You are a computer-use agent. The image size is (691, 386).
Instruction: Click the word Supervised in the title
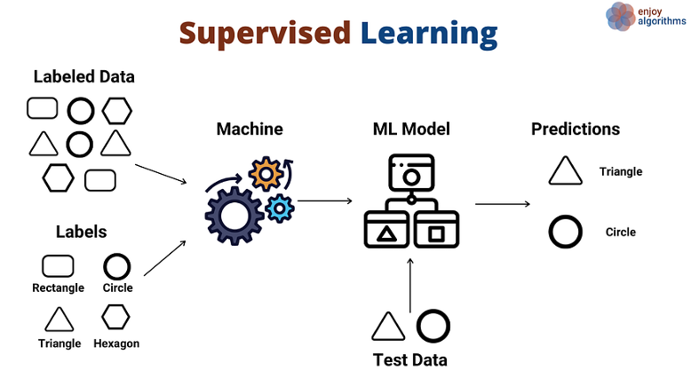265,34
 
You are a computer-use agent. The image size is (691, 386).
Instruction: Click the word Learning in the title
429,34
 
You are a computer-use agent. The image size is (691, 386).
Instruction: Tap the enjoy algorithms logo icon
620,17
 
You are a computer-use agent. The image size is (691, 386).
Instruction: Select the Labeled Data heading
83,76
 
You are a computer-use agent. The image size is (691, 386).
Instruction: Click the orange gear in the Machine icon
266,174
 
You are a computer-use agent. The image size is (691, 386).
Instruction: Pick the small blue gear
280,209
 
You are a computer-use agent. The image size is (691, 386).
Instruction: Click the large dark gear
234,217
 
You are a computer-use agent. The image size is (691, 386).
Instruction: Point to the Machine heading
250,129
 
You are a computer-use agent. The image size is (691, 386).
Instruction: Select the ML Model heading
411,129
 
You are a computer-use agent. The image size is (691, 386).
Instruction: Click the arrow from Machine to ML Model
325,201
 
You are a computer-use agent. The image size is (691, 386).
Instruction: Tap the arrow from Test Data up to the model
410,285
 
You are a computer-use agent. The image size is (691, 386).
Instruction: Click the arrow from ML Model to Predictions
503,204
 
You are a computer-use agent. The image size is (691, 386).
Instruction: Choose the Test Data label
409,360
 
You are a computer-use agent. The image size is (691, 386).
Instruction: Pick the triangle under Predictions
566,170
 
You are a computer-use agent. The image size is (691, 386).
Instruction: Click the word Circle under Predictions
621,232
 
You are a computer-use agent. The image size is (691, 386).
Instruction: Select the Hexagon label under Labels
116,343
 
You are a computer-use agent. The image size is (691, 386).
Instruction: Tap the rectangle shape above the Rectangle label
58,266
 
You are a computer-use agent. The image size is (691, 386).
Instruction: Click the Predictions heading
576,129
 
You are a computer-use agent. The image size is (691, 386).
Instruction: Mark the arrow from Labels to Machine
165,258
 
